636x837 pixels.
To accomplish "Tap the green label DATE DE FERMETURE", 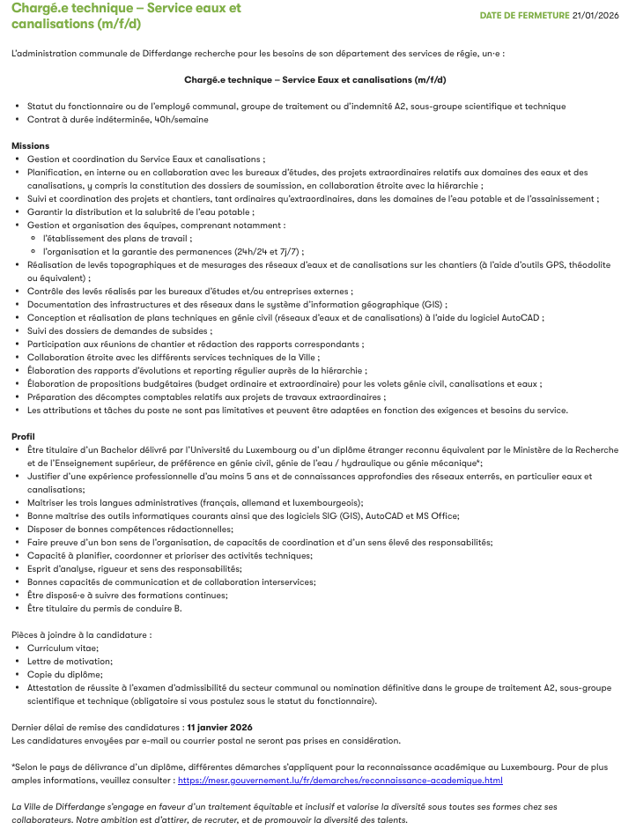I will click(524, 15).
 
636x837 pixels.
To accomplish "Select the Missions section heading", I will click(31, 145).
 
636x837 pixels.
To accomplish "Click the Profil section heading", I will click(24, 436).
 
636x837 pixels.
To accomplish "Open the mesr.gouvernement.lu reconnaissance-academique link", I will click(340, 780).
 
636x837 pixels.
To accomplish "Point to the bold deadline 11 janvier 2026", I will click(219, 727).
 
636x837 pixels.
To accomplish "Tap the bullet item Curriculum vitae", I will click(63, 648).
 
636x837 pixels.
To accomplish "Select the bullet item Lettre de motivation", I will click(70, 661).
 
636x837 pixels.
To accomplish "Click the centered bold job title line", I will click(315, 79).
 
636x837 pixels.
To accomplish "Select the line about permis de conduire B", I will click(104, 608).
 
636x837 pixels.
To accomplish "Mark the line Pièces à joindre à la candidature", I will click(81, 634).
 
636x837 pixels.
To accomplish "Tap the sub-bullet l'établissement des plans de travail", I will click(117, 238).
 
